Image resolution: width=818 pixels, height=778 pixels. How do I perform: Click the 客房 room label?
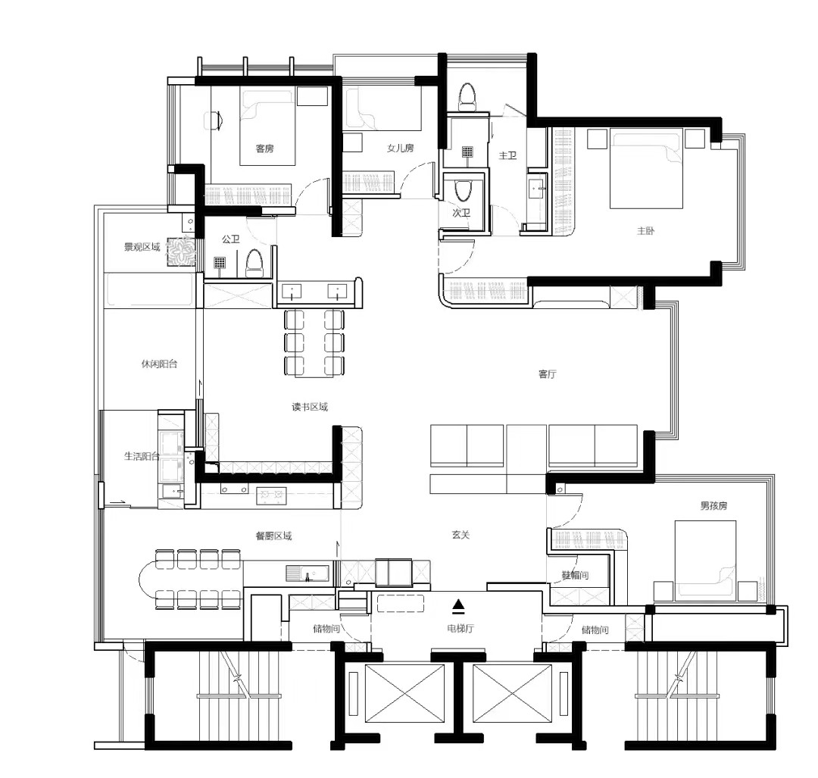[x=264, y=148]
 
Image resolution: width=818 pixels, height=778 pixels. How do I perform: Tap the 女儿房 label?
[x=400, y=148]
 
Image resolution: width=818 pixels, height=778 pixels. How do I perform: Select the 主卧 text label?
[x=645, y=230]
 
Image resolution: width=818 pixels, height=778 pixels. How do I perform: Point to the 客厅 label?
[x=548, y=374]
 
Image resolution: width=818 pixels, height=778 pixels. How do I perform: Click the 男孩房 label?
[x=713, y=505]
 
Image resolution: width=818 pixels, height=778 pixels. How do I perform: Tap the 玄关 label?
[x=461, y=535]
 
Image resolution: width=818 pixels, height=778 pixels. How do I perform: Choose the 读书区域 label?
[x=309, y=407]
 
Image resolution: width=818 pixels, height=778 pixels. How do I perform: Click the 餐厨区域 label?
[x=273, y=536]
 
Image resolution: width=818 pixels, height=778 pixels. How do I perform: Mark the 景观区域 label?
[x=142, y=247]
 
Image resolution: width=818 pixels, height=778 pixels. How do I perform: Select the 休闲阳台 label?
[x=159, y=364]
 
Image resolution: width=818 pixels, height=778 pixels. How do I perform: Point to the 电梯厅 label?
[x=461, y=628]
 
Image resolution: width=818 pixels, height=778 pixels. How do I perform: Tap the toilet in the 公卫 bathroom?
[x=254, y=263]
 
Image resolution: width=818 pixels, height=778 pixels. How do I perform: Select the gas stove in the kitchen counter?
[x=271, y=495]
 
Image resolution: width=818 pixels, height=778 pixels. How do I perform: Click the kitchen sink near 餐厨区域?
[x=308, y=573]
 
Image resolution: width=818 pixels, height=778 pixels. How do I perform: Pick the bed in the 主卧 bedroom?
[x=646, y=169]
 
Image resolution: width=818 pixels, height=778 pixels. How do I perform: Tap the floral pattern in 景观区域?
[x=181, y=252]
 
